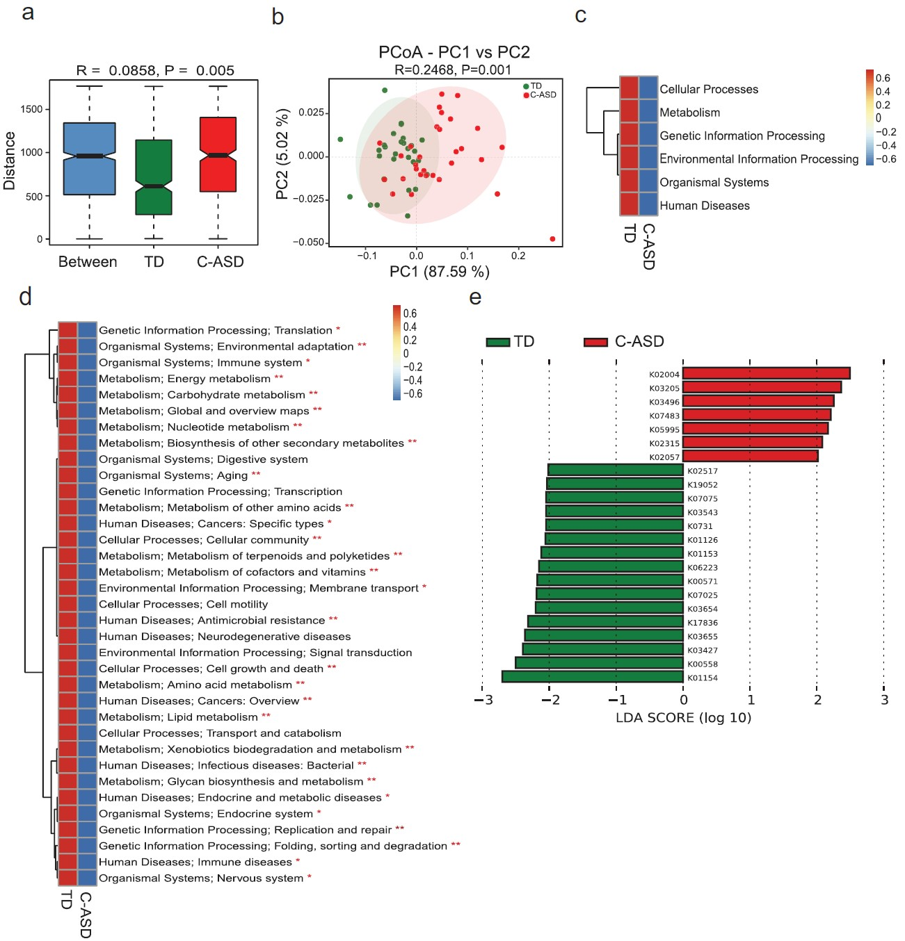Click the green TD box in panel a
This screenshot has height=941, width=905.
pos(154,177)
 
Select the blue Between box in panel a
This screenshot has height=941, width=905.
pos(89,158)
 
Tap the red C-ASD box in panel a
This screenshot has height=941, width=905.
pos(218,154)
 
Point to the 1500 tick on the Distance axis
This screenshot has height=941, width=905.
pos(31,109)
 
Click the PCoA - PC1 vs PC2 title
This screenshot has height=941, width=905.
pos(454,52)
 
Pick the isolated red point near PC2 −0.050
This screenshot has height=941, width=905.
pos(552,239)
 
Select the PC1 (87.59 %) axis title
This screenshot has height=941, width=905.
pos(439,271)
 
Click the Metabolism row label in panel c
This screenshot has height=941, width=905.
pos(689,113)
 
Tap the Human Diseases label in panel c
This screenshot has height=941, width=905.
pos(704,206)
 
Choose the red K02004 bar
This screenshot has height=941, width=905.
pos(766,374)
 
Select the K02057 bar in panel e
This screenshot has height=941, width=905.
pos(750,457)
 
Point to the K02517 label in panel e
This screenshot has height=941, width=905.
pos(702,471)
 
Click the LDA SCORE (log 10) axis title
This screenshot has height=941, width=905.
pos(683,717)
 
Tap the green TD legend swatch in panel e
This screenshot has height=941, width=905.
pos(497,342)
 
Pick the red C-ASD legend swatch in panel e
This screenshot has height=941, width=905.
pos(595,342)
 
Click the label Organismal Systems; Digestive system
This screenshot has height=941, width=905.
pos(203,459)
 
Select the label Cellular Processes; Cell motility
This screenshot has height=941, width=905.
pos(183,605)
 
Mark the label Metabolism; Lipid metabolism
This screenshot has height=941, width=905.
pos(178,717)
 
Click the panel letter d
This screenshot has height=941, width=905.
pos(26,297)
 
